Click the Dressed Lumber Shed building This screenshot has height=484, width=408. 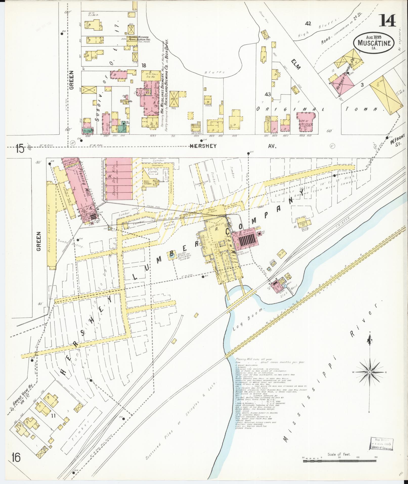tap(52, 225)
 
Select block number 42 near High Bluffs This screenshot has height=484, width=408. tap(308, 24)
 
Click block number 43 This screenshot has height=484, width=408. tap(268, 94)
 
